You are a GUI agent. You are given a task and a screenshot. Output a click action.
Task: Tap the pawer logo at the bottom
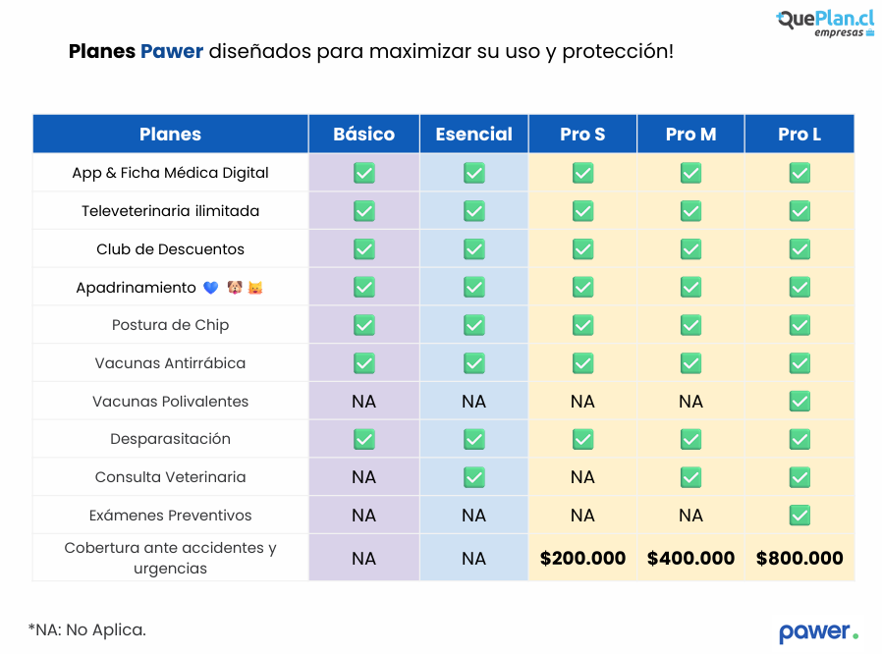pos(818,631)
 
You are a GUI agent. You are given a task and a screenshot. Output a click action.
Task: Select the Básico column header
pos(363,135)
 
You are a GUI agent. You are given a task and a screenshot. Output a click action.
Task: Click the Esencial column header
pos(473,135)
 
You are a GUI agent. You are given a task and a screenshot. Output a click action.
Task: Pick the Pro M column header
pos(690,135)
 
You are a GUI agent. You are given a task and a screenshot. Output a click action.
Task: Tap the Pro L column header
pos(799,135)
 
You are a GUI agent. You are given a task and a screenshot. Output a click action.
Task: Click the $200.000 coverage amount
pos(582,558)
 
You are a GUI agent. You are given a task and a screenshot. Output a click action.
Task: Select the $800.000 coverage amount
pos(799,558)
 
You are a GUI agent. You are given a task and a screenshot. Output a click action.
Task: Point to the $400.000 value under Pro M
pos(690,558)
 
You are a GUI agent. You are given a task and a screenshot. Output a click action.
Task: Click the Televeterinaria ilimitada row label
pos(170,211)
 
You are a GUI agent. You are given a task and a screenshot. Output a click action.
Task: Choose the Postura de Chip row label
pos(170,325)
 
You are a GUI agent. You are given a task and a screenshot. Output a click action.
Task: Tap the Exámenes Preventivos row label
pos(170,516)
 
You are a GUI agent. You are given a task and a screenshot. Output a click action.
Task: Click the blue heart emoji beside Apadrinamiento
pos(210,288)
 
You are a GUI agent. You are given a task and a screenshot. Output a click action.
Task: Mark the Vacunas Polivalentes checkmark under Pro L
pos(799,401)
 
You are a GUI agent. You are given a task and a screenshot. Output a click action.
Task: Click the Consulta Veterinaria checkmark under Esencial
pos(473,477)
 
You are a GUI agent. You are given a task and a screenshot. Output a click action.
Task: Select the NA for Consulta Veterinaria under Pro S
pos(582,477)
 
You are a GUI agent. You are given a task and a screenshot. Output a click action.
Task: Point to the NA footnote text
pos(86,629)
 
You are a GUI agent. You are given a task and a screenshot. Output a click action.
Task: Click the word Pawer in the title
pos(172,51)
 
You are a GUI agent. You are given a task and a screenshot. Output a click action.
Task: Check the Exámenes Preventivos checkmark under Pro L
pos(799,516)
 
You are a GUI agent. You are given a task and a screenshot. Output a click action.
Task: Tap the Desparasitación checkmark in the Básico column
pos(363,439)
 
